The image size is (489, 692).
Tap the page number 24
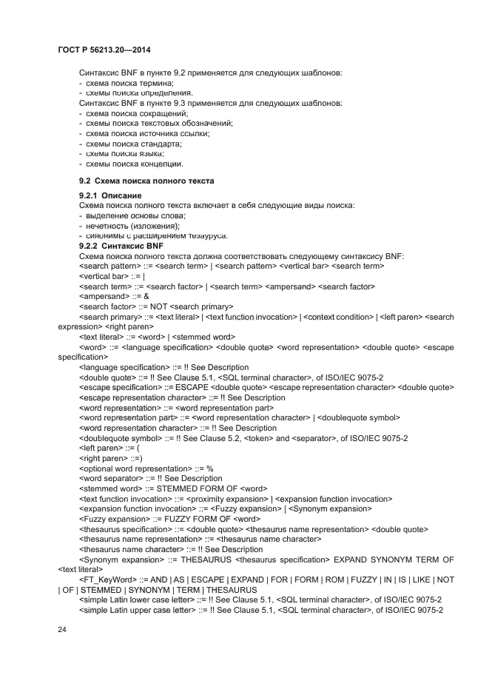(x=61, y=628)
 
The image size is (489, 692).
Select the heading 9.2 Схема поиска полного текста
(x=146, y=181)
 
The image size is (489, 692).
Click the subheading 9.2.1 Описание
(x=110, y=195)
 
